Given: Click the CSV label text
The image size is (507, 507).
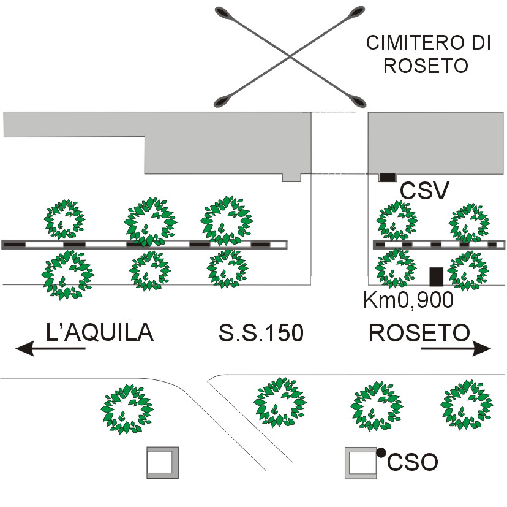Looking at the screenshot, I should click(425, 191).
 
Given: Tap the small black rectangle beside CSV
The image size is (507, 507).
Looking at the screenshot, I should click(387, 177).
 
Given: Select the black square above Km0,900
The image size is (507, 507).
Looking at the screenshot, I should click(436, 277).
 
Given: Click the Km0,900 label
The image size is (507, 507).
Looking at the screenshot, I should click(408, 300).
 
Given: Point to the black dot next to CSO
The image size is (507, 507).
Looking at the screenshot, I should click(381, 452).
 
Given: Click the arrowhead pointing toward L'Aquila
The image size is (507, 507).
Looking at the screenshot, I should click(24, 349).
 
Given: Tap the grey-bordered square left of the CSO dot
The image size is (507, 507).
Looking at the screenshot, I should click(360, 463).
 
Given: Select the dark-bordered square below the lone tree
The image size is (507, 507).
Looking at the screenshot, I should click(162, 462).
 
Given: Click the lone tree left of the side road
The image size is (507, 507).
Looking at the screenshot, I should click(127, 409).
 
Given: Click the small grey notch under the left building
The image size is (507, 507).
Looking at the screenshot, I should click(291, 177).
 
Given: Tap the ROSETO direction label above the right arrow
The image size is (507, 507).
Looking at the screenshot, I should click(419, 332).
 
